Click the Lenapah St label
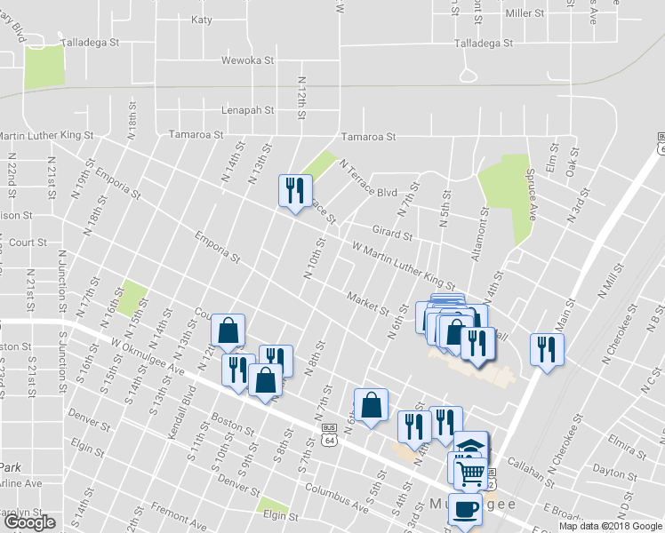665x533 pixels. pos(244,111)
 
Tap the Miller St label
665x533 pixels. pos(525,14)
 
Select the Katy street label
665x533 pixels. pos(202,19)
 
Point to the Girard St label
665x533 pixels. pos(392,230)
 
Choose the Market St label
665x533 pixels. pos(368,303)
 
